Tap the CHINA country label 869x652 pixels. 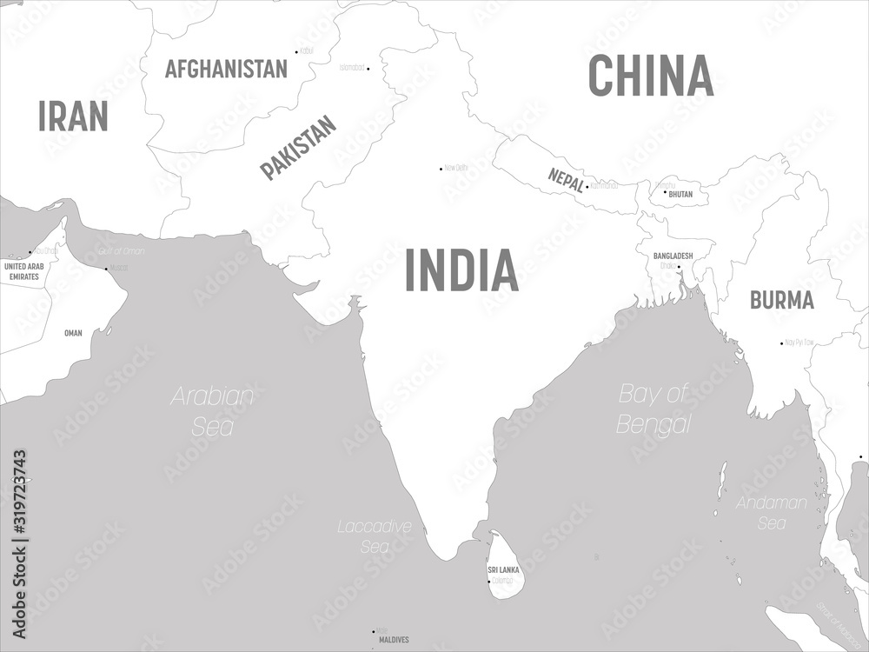point(651,76)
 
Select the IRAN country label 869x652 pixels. point(73,116)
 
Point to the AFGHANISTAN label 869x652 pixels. point(226,69)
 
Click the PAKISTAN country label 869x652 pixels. point(298,148)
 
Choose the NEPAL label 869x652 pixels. point(566,178)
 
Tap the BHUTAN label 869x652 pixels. point(680,195)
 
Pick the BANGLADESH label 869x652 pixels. point(673,256)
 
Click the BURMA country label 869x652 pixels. point(782,300)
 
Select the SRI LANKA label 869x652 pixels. point(504,569)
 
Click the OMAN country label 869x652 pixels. point(73,332)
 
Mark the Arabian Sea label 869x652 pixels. point(213,411)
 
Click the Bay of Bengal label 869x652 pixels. point(654,409)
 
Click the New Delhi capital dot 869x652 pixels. point(441,168)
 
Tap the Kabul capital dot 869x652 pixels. point(297,51)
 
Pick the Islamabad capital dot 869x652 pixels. point(368,68)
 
